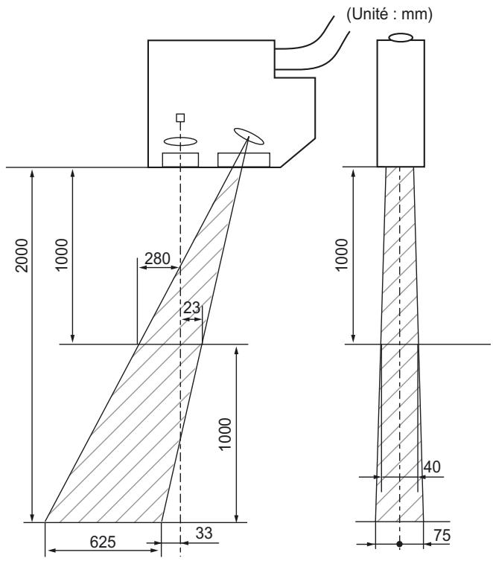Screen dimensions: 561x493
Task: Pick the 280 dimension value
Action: coord(158,258)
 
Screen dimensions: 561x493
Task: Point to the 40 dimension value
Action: coord(433,466)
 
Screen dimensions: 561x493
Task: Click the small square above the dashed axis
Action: coord(179,118)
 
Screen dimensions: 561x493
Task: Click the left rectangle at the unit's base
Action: coord(180,159)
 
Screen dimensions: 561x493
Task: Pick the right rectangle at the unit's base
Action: coord(244,159)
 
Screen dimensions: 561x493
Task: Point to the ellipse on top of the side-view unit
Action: coord(401,36)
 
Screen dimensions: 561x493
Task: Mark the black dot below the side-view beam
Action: coord(400,544)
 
